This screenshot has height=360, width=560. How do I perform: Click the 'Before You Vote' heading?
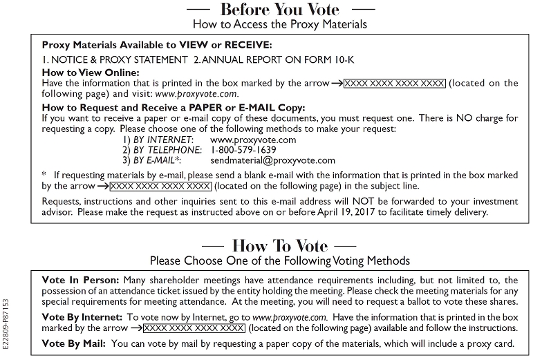coord(279,10)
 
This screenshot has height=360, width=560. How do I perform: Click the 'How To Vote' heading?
coord(279,246)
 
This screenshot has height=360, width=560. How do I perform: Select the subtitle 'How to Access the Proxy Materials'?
coord(279,24)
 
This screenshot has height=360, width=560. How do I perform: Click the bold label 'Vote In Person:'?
coord(80,280)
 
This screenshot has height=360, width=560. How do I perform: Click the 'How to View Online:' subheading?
coord(91,73)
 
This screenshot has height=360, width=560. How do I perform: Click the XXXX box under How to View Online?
coord(395,83)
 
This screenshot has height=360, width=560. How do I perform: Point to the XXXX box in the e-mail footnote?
coord(160,186)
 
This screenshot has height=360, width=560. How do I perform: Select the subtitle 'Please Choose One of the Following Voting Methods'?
coord(279,260)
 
